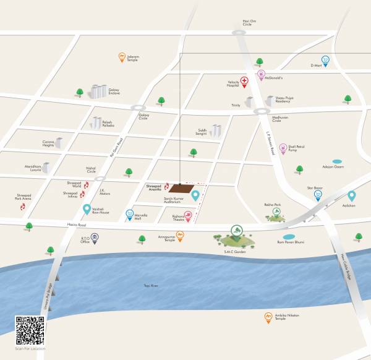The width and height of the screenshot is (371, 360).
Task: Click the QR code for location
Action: point(30,331)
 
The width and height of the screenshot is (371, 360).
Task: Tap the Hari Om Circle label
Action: point(249,24)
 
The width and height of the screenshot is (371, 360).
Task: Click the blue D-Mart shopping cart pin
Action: point(325,60)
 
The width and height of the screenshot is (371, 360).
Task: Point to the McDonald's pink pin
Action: point(262,75)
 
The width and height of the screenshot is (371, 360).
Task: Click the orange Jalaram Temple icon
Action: point(122,58)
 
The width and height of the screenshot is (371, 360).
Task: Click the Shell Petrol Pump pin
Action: point(283,148)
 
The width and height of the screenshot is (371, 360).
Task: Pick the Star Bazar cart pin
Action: point(318,194)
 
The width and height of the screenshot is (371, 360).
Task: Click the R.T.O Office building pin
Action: point(95,238)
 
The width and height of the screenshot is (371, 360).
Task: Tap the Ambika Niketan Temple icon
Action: point(268,317)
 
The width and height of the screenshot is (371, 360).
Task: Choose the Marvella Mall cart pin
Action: point(129,214)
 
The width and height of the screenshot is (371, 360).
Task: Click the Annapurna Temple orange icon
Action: point(180,235)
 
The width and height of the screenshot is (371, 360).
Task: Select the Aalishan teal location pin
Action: point(351,196)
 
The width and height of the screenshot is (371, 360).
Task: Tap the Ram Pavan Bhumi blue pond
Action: point(289,237)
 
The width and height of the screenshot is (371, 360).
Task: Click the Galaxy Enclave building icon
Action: point(97,92)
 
